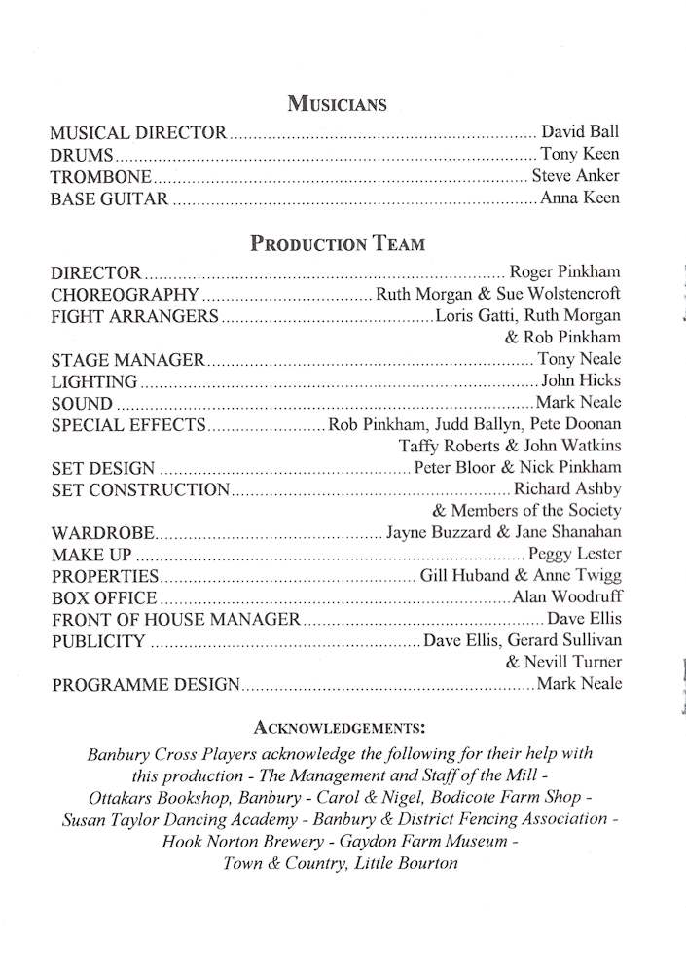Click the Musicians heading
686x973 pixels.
pos(337,104)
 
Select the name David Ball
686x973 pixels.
pos(580,132)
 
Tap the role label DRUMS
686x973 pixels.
pos(83,155)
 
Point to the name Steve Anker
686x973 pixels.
pos(575,177)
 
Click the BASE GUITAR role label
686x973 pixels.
pos(110,199)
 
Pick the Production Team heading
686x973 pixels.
pos(338,244)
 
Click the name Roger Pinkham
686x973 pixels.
pos(564,272)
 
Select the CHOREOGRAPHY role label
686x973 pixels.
pos(125,295)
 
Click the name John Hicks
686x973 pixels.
pos(581,380)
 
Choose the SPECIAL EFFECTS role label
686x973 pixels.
pos(128,425)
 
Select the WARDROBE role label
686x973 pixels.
pos(102,533)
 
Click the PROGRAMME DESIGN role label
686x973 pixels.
pos(145,685)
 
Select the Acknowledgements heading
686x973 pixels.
pos(338,727)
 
